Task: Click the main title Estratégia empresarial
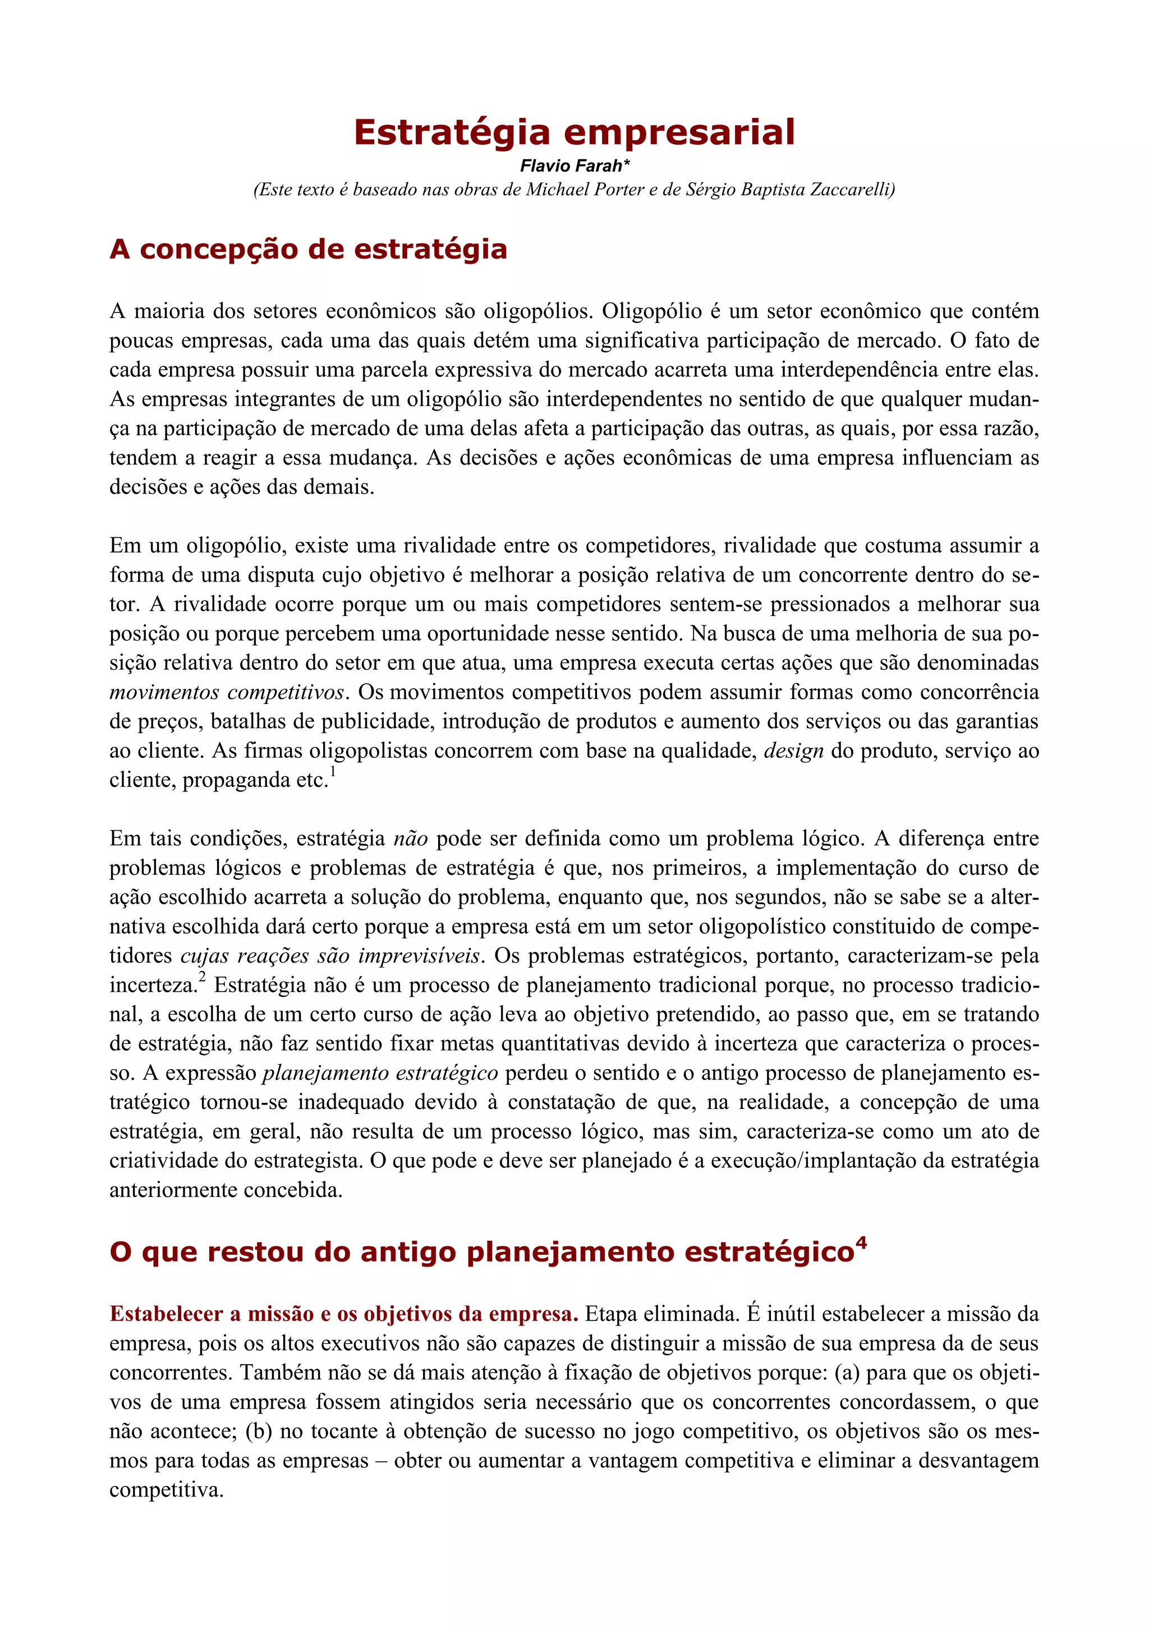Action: [574, 132]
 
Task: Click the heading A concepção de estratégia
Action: [308, 249]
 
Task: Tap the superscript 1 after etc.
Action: [333, 771]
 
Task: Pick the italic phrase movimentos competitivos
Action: [227, 692]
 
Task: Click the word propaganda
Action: [238, 780]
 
